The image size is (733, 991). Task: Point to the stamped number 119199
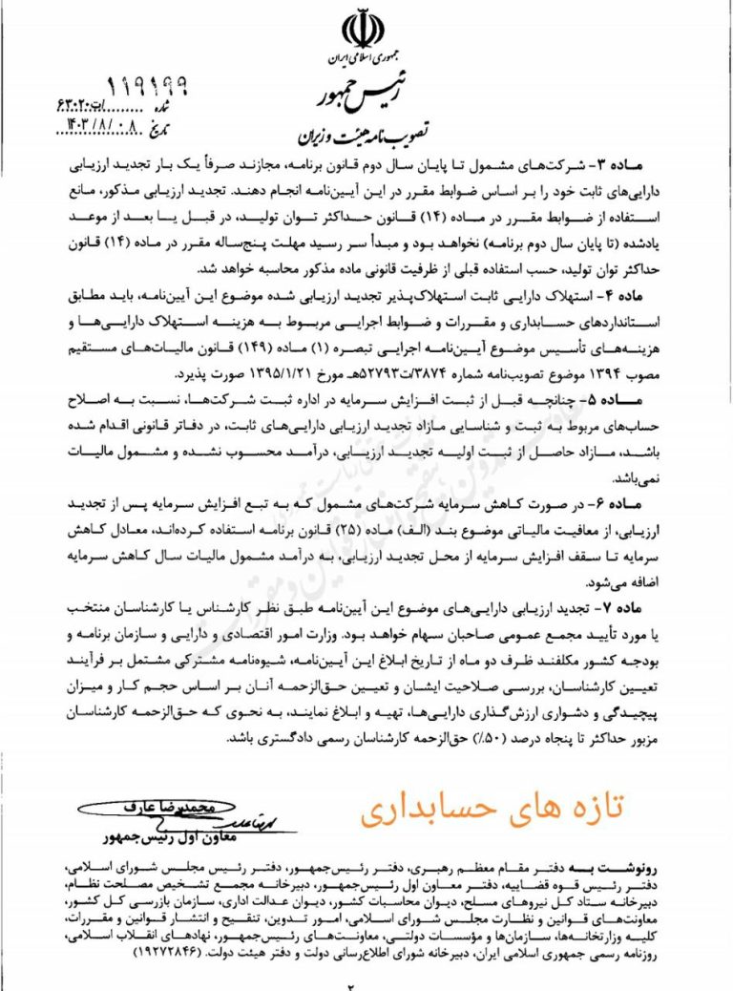pyautogui.click(x=146, y=89)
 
